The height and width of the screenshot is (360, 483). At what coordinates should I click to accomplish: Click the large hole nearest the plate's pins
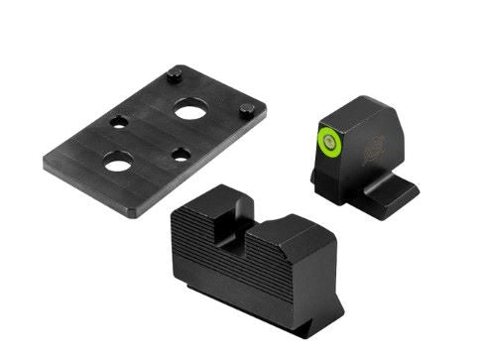pos(189,111)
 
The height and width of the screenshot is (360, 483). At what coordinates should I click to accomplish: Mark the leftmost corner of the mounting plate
pos(46,154)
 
